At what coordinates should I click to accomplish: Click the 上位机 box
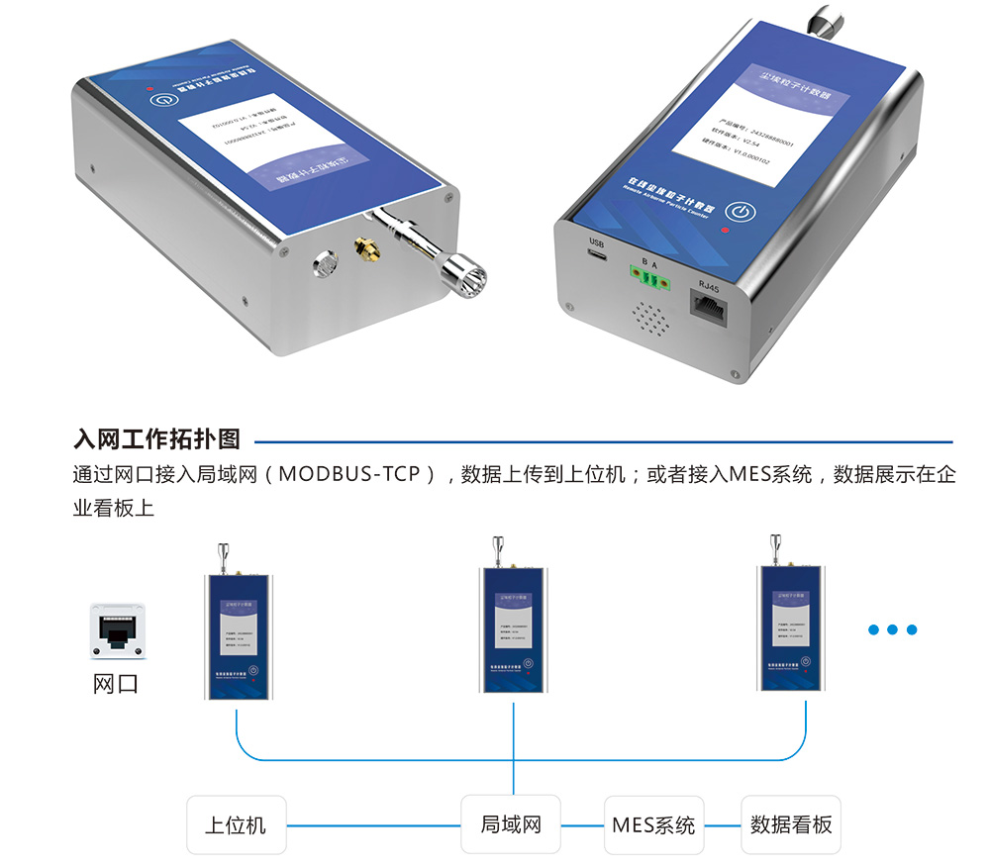pyautogui.click(x=236, y=824)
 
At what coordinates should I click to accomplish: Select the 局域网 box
pyautogui.click(x=511, y=824)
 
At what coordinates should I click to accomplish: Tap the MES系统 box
pyautogui.click(x=653, y=824)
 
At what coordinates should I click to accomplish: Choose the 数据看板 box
pyautogui.click(x=791, y=824)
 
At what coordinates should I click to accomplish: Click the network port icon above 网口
pyautogui.click(x=119, y=630)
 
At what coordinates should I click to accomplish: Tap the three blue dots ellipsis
pyautogui.click(x=892, y=629)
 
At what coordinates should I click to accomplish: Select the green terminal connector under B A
pyautogui.click(x=647, y=282)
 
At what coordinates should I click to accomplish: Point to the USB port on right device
pyautogui.click(x=597, y=256)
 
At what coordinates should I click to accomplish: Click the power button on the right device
pyautogui.click(x=741, y=212)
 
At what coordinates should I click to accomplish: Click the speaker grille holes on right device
pyautogui.click(x=648, y=319)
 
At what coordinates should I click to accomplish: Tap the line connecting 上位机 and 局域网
pyautogui.click(x=373, y=824)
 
